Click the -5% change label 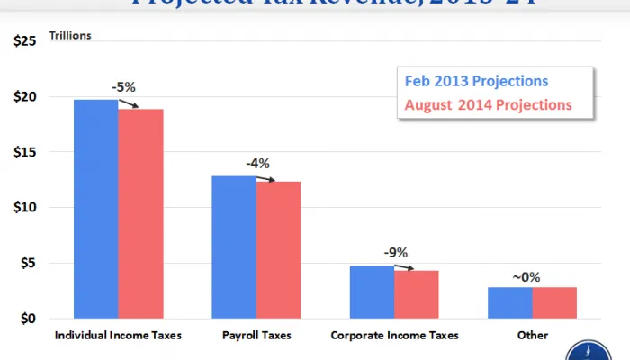124,88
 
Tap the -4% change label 257,164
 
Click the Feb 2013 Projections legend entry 476,82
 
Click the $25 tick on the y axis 25,41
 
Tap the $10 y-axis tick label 25,208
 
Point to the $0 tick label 29,319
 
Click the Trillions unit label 71,36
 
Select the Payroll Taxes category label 256,335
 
